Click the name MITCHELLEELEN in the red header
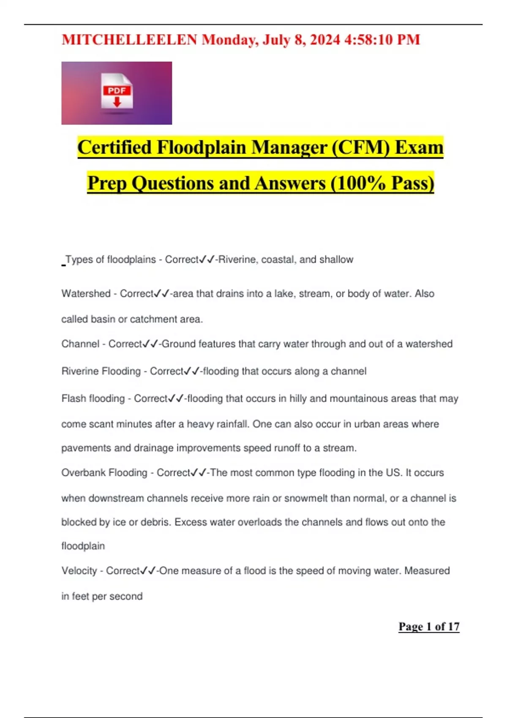click(129, 40)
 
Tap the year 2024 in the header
click(324, 40)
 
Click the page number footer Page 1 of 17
click(429, 626)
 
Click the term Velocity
click(79, 571)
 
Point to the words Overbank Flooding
click(104, 473)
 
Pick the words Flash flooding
click(93, 398)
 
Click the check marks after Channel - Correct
click(150, 344)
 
